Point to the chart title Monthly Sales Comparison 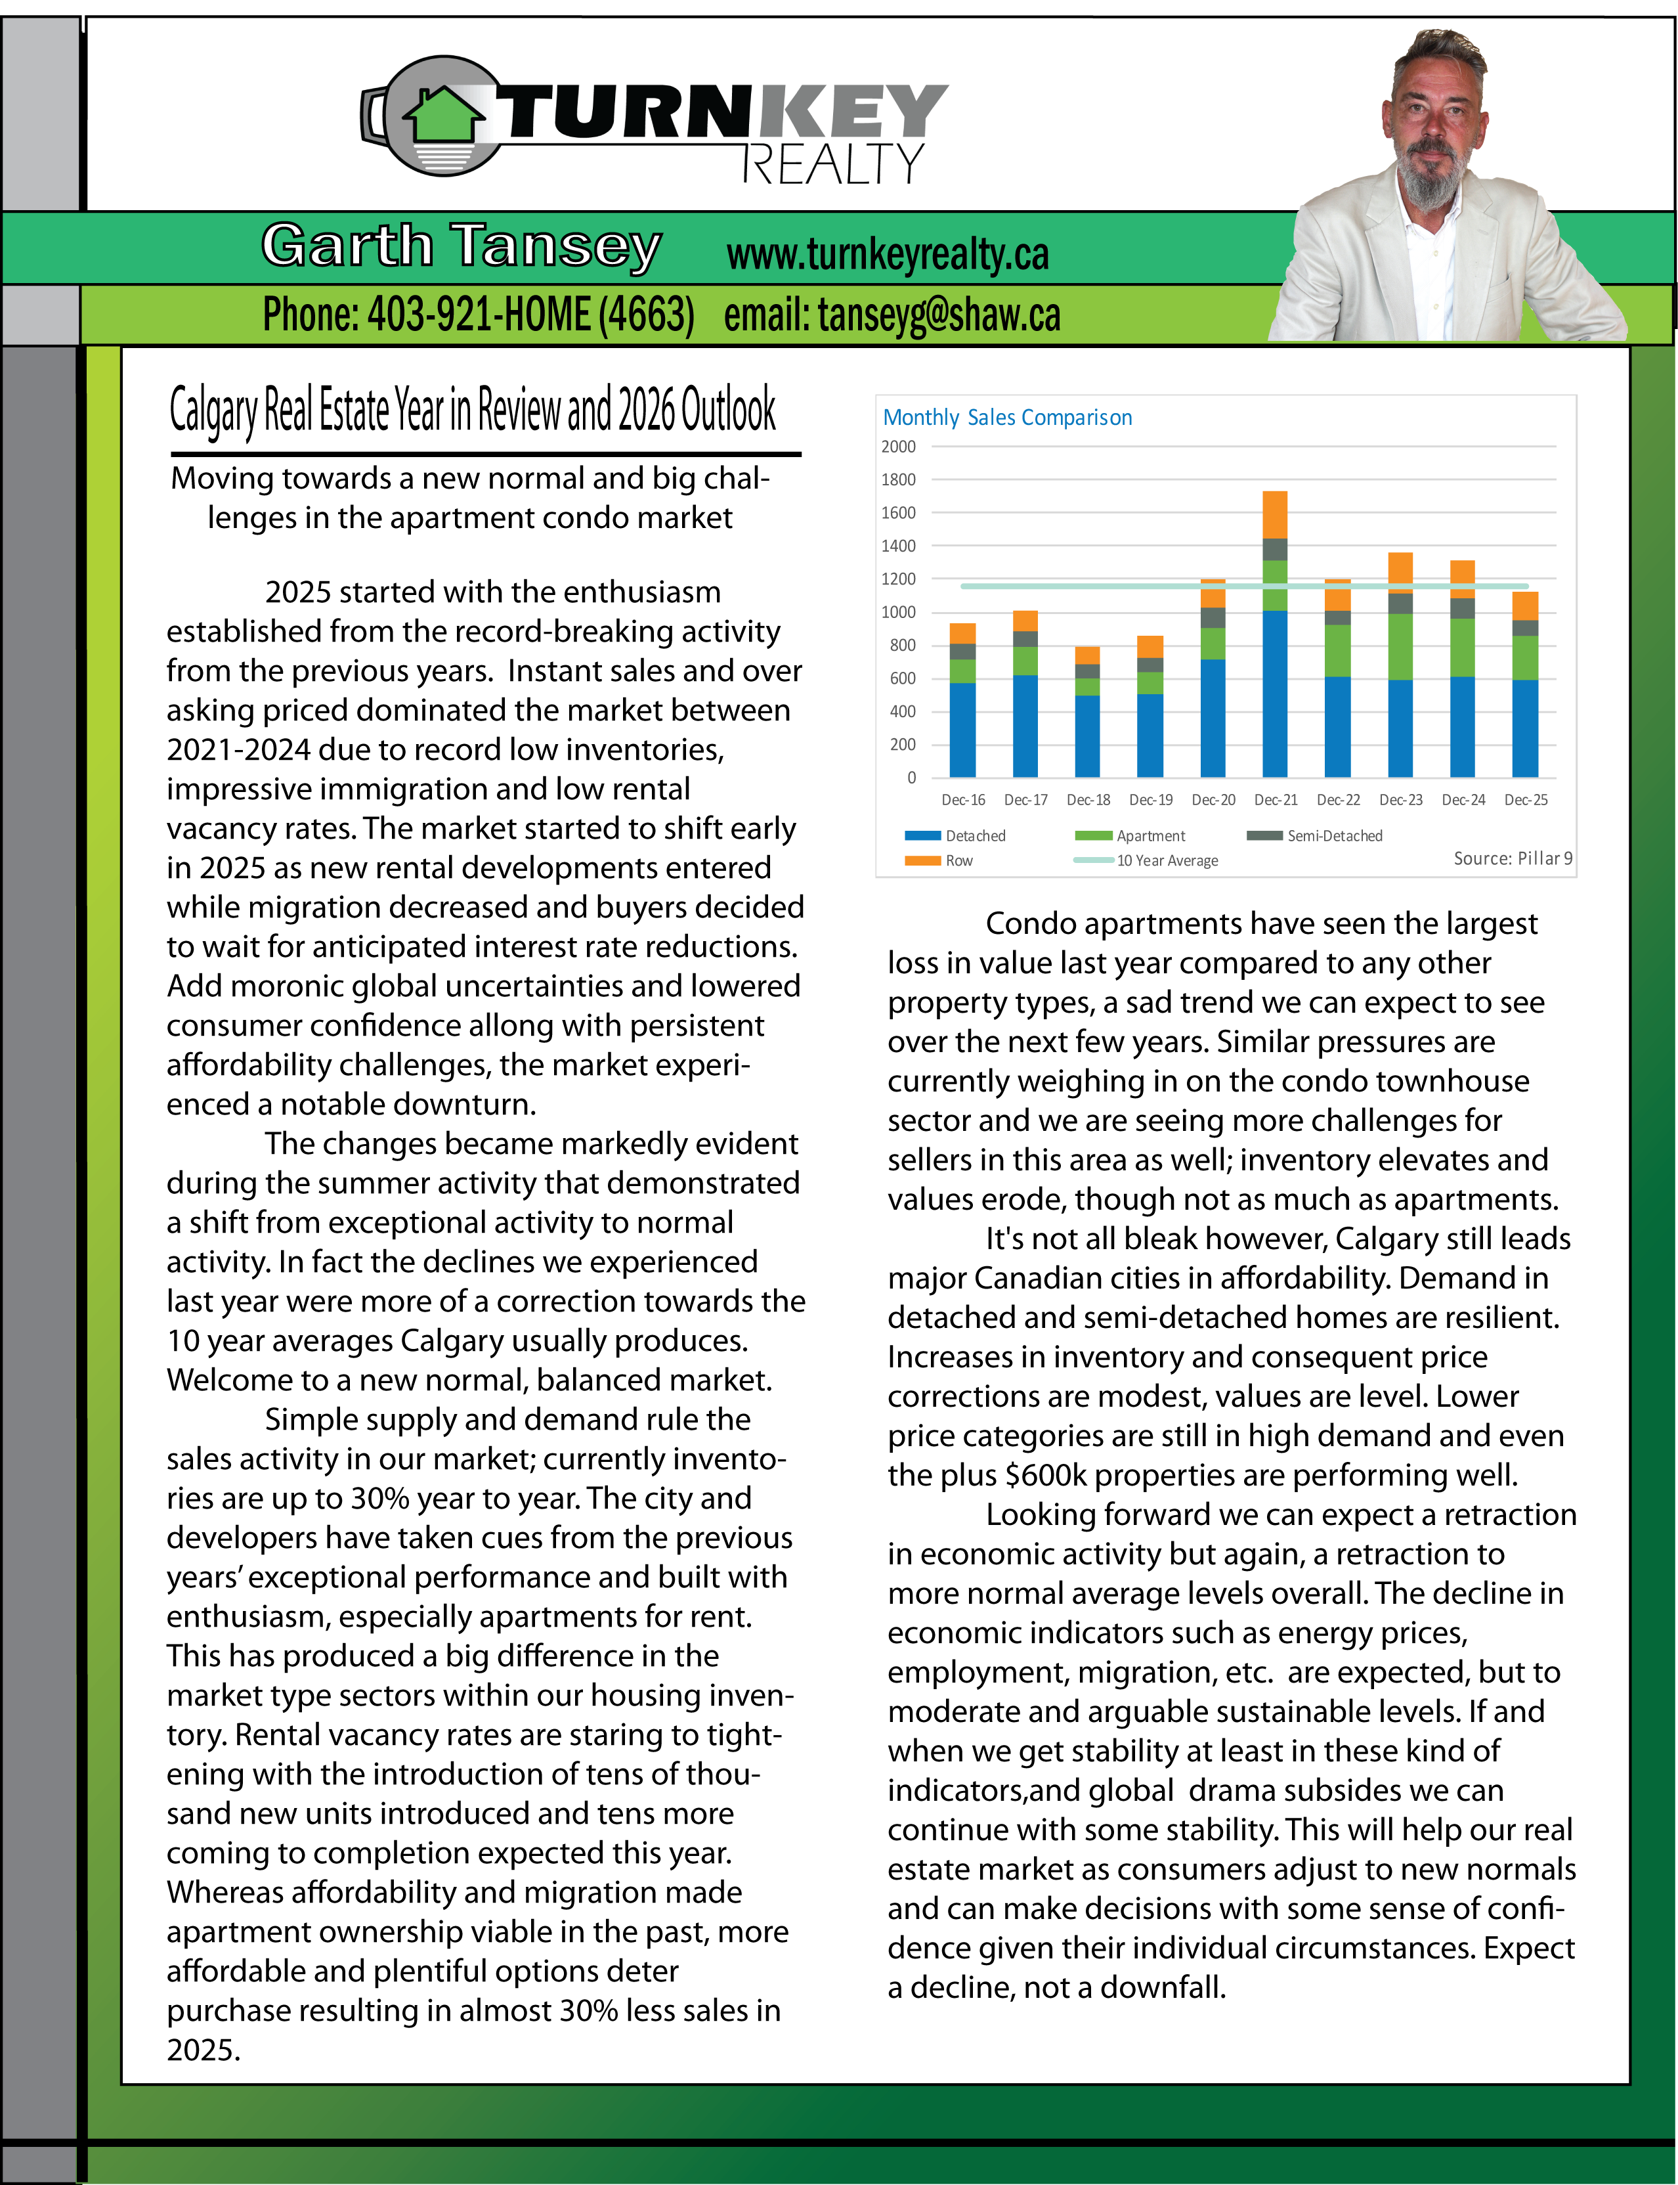point(1007,418)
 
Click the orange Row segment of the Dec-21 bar point(1274,514)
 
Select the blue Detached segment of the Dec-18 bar point(1086,736)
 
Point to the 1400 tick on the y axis point(898,546)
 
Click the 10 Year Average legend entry point(1166,861)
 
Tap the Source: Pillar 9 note point(1512,859)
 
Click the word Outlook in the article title point(727,410)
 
